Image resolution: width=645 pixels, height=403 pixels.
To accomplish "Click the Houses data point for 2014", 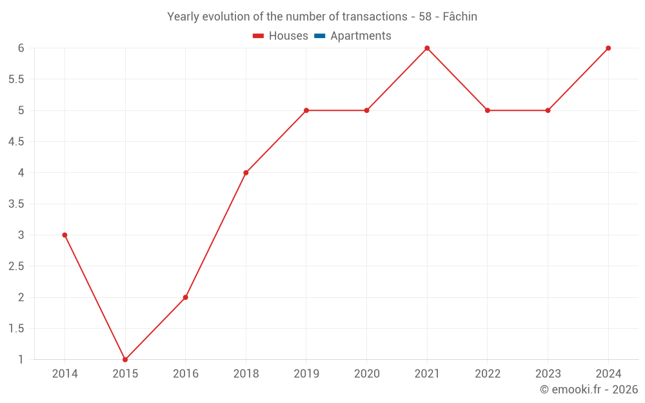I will (x=64, y=235).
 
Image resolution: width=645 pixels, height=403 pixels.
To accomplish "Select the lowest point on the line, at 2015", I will (x=125, y=359).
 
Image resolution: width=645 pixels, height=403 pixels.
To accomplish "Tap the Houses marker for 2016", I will (x=185, y=297).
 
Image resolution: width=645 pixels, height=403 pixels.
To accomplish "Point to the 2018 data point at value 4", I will (x=246, y=173).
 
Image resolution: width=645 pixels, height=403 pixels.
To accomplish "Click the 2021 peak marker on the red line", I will (x=427, y=48).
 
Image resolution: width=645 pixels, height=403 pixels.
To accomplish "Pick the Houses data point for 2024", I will (x=608, y=48).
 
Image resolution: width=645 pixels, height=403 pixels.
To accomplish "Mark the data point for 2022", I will (x=488, y=110).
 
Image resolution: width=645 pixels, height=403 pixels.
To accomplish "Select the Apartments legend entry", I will (x=361, y=36).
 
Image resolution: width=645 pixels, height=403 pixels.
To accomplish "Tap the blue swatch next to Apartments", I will (x=319, y=36).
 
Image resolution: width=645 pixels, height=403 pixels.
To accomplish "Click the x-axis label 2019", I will (x=306, y=373).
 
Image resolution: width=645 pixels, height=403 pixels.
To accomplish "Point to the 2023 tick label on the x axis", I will (x=548, y=373).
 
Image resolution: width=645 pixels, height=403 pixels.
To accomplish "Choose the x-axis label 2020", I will (x=366, y=373).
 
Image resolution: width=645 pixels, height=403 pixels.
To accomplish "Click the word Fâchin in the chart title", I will (x=460, y=17).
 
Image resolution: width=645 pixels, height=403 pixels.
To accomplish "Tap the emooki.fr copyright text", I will (x=589, y=389).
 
